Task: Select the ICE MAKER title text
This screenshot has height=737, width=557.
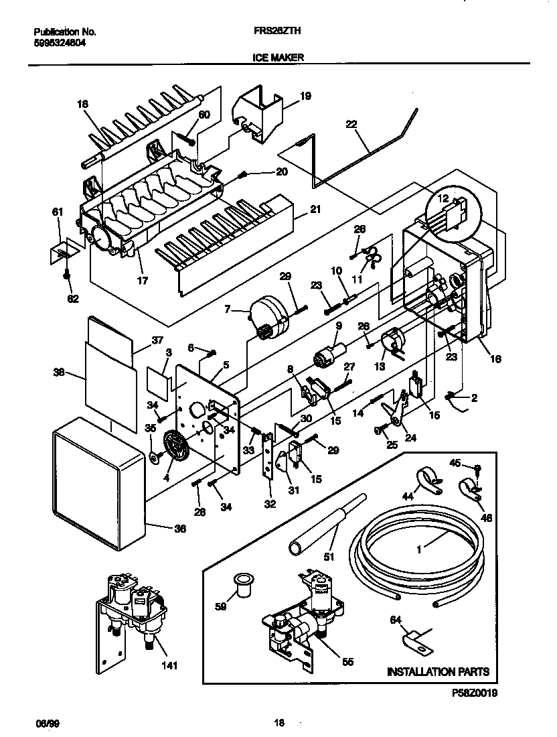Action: tap(278, 58)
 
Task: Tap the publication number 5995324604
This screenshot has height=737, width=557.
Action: tap(60, 42)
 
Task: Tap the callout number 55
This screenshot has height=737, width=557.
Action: tap(347, 661)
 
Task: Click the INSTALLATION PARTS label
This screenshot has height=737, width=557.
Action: tap(438, 671)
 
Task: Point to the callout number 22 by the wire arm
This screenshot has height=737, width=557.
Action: tap(352, 125)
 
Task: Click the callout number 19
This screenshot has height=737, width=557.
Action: tap(305, 96)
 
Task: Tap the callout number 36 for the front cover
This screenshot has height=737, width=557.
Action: tap(179, 528)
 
